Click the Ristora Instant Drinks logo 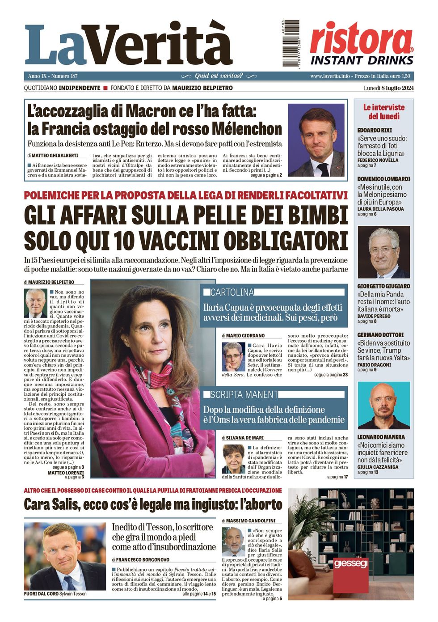pyautogui.click(x=362, y=44)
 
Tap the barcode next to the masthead pyautogui.click(x=291, y=43)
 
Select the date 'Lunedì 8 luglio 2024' pyautogui.click(x=388, y=88)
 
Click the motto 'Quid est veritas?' pyautogui.click(x=219, y=76)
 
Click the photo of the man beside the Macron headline pyautogui.click(x=316, y=140)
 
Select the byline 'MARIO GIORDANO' pyautogui.click(x=245, y=335)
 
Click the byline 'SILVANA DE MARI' pyautogui.click(x=245, y=438)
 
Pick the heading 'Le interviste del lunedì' pyautogui.click(x=383, y=112)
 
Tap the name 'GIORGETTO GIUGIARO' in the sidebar pyautogui.click(x=383, y=286)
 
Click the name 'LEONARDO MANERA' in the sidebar pyautogui.click(x=381, y=437)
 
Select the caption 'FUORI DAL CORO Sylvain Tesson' pyautogui.click(x=55, y=594)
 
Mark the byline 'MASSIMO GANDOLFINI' pyautogui.click(x=251, y=521)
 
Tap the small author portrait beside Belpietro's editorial pyautogui.click(x=35, y=303)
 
